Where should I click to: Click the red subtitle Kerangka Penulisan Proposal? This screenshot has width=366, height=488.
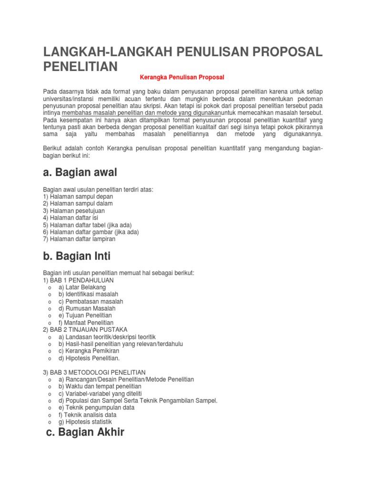[182, 77]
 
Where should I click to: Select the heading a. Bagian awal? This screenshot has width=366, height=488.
[80, 172]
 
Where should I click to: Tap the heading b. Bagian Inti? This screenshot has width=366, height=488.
[77, 256]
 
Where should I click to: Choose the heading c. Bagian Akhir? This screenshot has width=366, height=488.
[85, 432]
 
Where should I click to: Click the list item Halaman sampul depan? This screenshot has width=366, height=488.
[78, 196]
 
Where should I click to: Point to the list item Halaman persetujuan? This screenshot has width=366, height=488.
[74, 211]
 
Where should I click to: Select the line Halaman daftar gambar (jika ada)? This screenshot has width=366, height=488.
[91, 232]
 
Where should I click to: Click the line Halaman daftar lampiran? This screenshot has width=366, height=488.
[79, 239]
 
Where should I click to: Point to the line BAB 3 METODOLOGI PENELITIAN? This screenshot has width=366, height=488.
[94, 372]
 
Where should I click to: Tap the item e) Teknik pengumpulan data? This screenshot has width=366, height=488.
[96, 407]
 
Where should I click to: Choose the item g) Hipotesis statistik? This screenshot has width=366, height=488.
[85, 422]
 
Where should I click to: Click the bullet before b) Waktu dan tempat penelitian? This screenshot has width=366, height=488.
[50, 386]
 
